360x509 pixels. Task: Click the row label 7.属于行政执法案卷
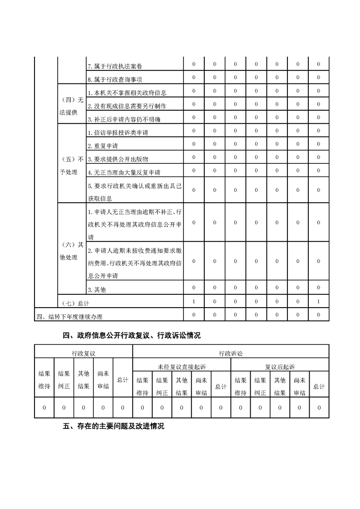114,67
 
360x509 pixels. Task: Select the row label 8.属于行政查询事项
114,80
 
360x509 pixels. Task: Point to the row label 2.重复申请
103,146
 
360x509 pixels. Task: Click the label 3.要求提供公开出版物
118,159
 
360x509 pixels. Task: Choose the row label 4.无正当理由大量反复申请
124,173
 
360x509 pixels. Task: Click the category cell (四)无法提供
72,106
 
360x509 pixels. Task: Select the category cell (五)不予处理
72,166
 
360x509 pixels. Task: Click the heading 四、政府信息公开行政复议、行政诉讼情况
132,336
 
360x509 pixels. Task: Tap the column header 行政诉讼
231,352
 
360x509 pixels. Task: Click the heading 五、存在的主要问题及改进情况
113,426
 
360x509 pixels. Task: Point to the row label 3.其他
97,289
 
